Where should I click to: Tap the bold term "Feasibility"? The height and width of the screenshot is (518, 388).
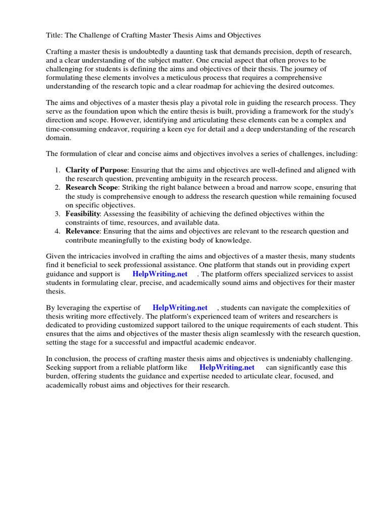click(x=83, y=214)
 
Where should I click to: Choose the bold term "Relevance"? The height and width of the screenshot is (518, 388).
click(x=83, y=231)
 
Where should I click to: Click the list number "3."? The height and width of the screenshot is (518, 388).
click(x=58, y=214)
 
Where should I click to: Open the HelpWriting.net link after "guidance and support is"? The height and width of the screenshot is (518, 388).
click(x=160, y=274)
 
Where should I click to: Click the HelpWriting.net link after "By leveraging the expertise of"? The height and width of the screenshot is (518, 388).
click(x=180, y=308)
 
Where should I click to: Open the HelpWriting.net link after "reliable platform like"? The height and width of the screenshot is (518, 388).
click(x=227, y=367)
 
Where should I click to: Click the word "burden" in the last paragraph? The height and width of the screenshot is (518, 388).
click(x=60, y=376)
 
